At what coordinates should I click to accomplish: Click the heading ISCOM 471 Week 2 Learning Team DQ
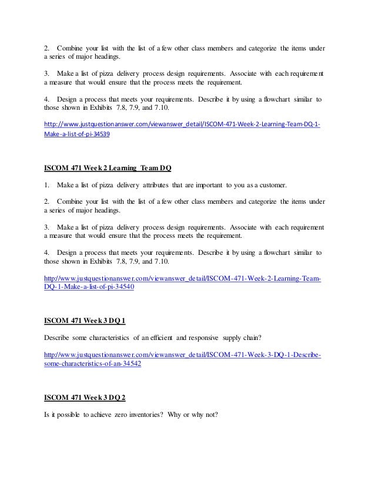(x=108, y=169)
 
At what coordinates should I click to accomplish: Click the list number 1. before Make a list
(x=47, y=186)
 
